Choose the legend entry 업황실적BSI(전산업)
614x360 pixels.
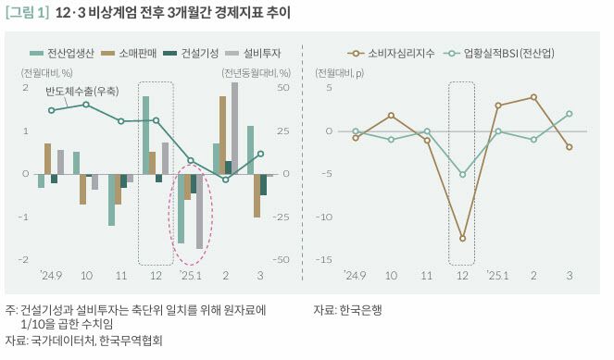click(500, 55)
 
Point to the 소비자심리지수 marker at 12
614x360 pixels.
click(462, 239)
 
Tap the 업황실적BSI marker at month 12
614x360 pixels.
click(462, 174)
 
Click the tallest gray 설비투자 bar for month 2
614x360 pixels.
click(234, 128)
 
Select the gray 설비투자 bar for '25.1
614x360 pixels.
click(199, 211)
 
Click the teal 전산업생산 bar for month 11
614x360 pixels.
click(111, 200)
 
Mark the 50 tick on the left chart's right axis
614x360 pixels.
click(285, 87)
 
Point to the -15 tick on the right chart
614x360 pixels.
click(324, 259)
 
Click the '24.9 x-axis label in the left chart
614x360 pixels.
click(50, 276)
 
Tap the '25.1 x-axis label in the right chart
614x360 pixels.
click(498, 276)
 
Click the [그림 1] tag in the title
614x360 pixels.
click(27, 13)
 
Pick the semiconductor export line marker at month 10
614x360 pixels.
click(86, 105)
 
